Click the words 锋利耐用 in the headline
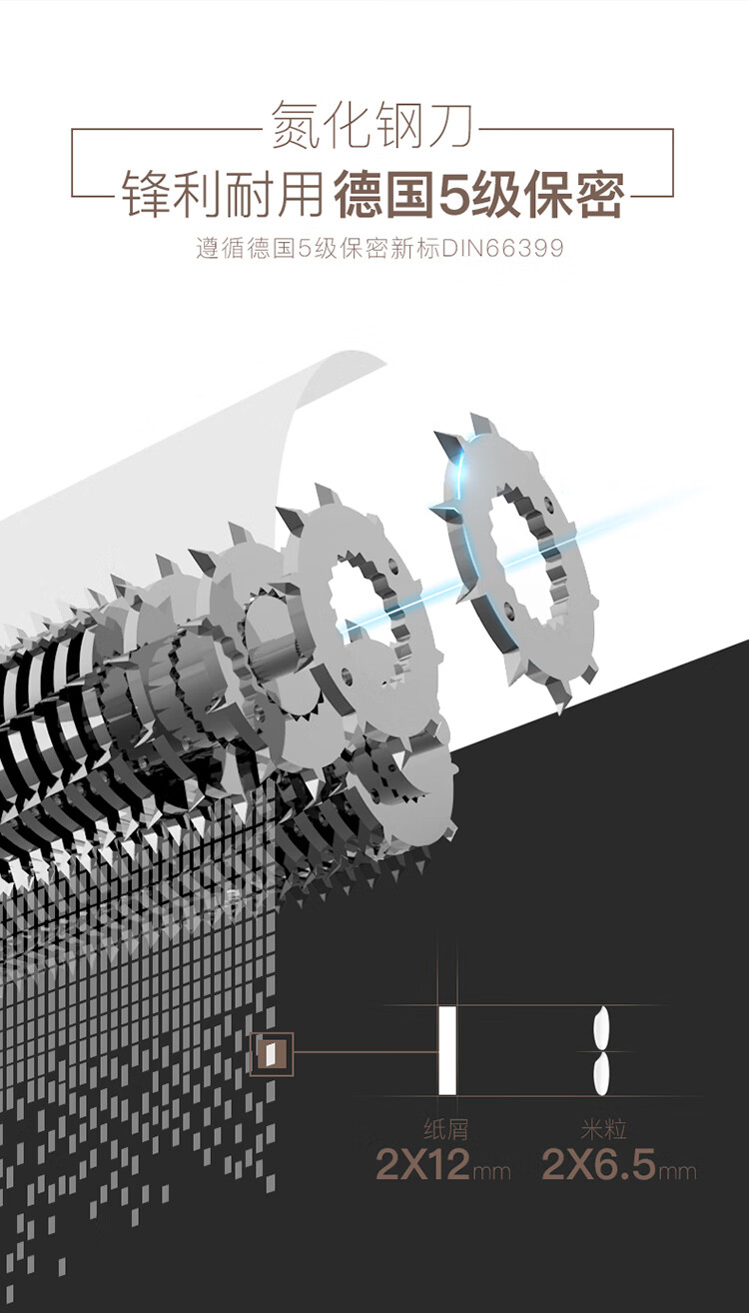pyautogui.click(x=222, y=194)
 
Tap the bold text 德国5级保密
pyautogui.click(x=478, y=194)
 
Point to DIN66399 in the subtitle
pyautogui.click(x=502, y=248)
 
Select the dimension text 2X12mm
pyautogui.click(x=442, y=1165)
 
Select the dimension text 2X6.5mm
pyautogui.click(x=619, y=1165)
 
